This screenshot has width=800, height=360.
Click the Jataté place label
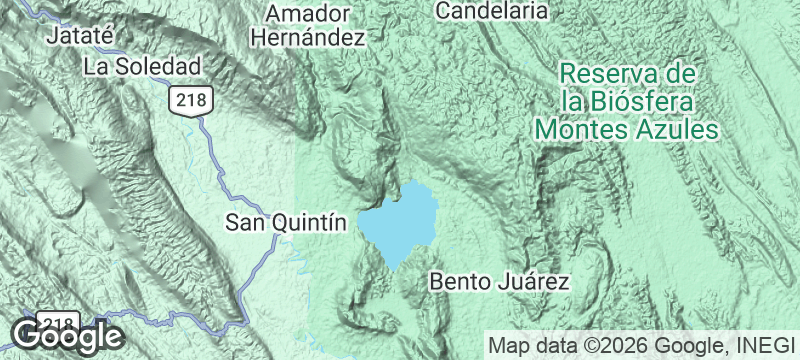tap(83, 37)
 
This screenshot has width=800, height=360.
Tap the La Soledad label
tap(143, 67)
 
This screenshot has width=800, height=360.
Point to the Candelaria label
tap(493, 11)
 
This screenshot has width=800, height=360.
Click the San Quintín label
tap(286, 222)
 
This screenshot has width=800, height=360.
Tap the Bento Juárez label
tap(499, 281)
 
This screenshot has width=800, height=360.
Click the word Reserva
tap(598, 74)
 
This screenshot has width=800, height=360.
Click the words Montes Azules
tap(627, 129)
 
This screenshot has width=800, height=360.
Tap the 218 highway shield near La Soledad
tap(187, 99)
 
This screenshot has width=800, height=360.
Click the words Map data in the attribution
tap(526, 346)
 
